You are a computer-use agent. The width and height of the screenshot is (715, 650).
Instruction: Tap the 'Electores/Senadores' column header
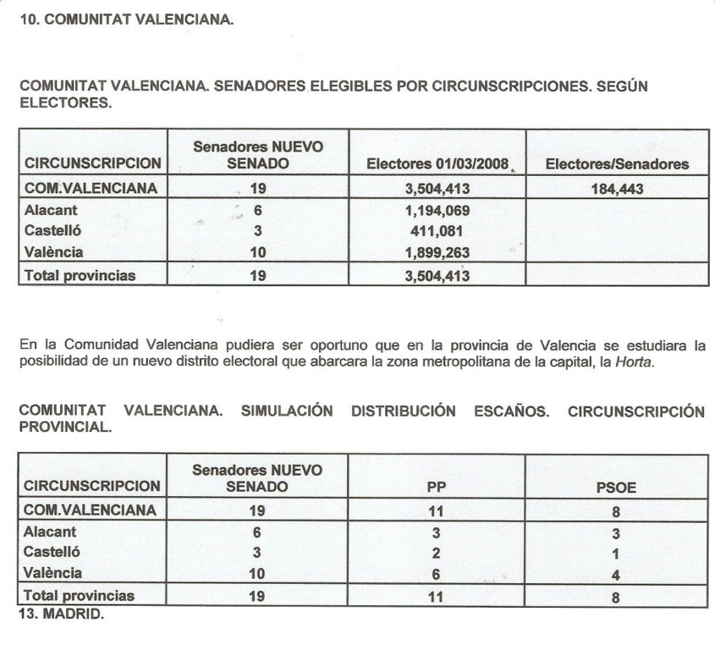pyautogui.click(x=617, y=164)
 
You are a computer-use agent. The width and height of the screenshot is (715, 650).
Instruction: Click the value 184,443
pyautogui.click(x=617, y=189)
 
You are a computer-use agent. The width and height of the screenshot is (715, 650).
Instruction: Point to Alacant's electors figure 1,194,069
pyautogui.click(x=437, y=211)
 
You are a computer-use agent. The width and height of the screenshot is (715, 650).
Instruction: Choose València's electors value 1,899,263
pyautogui.click(x=437, y=251)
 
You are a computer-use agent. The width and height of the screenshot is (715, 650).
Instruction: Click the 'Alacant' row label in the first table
pyautogui.click(x=51, y=210)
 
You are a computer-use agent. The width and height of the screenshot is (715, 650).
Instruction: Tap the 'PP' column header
pyautogui.click(x=437, y=487)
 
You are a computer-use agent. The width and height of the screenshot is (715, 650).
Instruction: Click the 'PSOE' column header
pyautogui.click(x=617, y=487)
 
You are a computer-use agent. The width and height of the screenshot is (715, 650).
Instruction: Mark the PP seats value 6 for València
pyautogui.click(x=437, y=574)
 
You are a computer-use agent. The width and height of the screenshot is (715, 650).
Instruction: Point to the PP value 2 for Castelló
pyautogui.click(x=437, y=554)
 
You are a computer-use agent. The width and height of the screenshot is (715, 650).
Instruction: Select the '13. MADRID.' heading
pyautogui.click(x=60, y=615)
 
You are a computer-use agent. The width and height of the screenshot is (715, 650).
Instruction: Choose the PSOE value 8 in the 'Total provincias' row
pyautogui.click(x=617, y=597)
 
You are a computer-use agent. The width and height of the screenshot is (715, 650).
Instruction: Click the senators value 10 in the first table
pyautogui.click(x=258, y=251)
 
